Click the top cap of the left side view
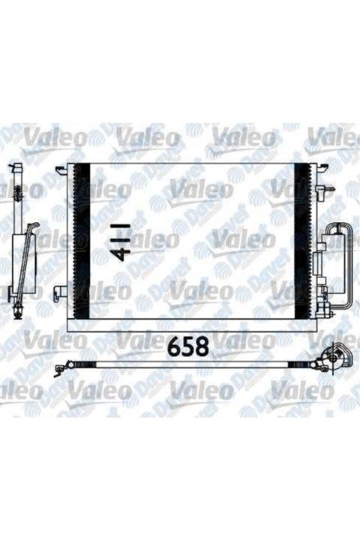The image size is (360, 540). point(16,166)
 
